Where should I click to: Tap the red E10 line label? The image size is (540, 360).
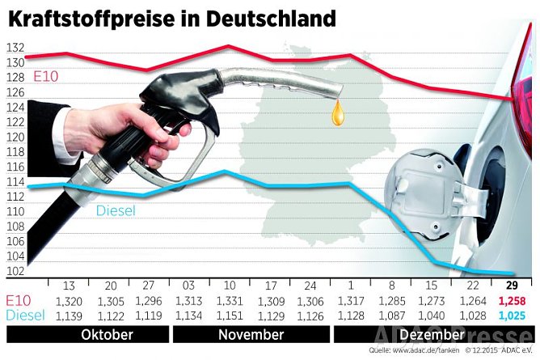(45, 77)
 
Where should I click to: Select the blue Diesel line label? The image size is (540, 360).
(115, 211)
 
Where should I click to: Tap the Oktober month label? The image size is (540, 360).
(107, 333)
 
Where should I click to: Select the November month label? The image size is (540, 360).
(251, 333)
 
